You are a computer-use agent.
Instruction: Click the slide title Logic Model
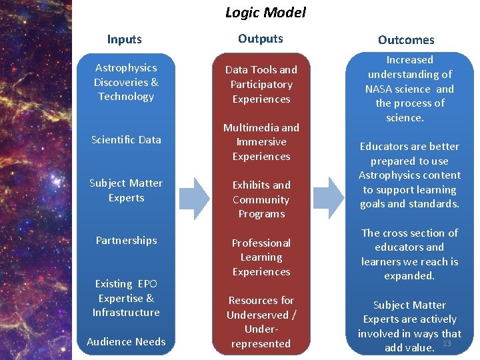pos(265,12)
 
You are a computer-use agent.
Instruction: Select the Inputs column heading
pos(125,39)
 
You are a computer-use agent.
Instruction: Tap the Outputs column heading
pos(261,39)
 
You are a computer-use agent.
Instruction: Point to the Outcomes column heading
pos(406,40)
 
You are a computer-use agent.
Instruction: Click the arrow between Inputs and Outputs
pos(194,198)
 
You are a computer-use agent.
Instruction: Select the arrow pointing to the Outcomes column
pos(329,198)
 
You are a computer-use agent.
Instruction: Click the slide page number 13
pos(447,343)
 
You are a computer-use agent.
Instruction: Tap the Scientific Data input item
pos(126,139)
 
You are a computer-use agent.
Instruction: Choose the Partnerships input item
pos(126,241)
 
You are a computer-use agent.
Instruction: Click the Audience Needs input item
pos(126,342)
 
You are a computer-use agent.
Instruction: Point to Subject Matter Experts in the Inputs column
pos(126,190)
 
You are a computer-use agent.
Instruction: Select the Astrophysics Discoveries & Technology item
pos(126,82)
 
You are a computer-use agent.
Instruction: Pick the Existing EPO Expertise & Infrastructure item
pos(126,298)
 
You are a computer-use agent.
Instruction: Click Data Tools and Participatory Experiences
pos(261,85)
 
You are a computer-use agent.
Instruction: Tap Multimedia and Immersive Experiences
pos(261,142)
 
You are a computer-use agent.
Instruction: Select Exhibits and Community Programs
pos(261,199)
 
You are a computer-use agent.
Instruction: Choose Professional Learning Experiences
pos(261,257)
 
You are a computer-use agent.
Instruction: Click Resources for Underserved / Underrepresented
pos(261,322)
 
